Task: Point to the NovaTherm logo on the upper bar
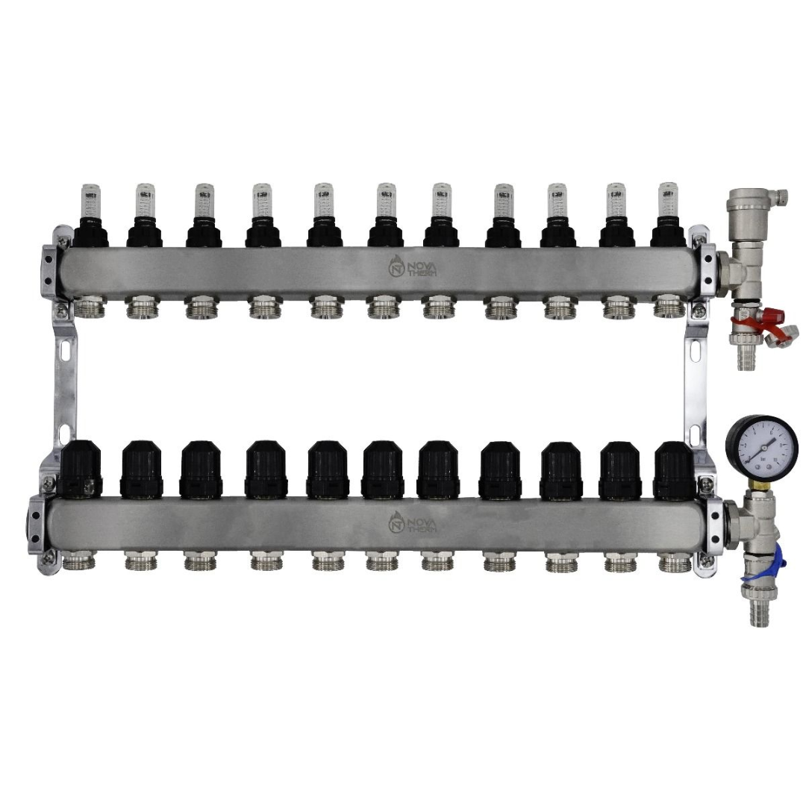(413, 266)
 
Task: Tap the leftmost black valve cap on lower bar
(83, 469)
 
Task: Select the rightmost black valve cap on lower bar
(674, 469)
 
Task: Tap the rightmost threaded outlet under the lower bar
(674, 562)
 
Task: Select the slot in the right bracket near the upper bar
(696, 351)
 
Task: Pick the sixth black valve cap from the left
(383, 469)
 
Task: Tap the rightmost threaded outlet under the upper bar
(668, 307)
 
